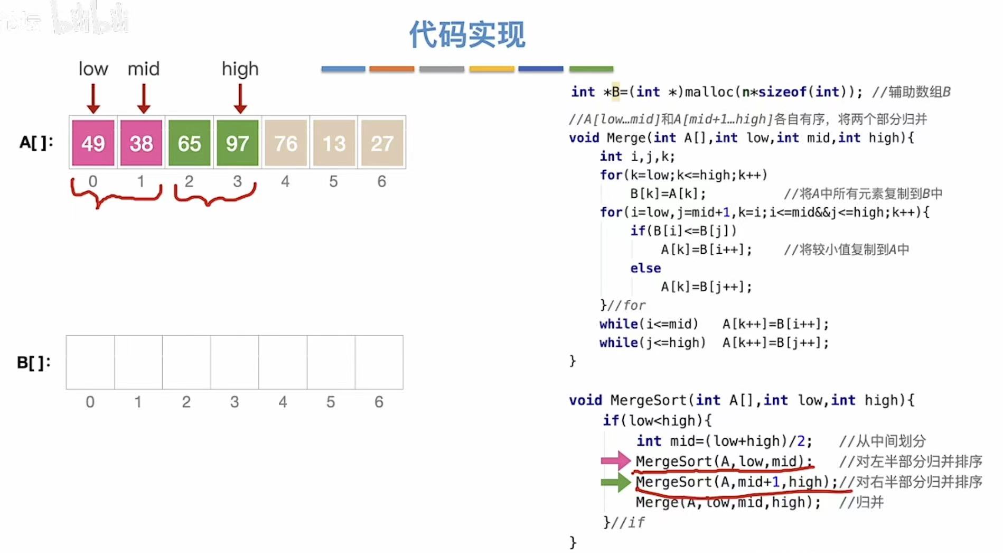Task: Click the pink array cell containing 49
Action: click(93, 143)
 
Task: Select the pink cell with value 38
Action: click(141, 143)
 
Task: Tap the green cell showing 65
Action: click(189, 143)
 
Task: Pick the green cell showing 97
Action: click(237, 143)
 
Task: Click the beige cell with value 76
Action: click(286, 143)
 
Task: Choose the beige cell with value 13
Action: click(334, 143)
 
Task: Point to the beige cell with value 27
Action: click(382, 143)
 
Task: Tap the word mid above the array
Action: click(143, 69)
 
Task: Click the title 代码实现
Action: click(467, 35)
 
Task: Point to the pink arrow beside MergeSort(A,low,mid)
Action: click(616, 461)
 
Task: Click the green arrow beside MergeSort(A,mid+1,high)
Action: click(616, 482)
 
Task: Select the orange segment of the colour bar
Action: click(391, 69)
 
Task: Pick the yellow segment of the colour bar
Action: click(491, 69)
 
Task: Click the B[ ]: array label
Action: click(34, 363)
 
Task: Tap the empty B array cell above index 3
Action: click(235, 363)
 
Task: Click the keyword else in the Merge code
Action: click(645, 268)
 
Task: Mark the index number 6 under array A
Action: click(381, 181)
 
